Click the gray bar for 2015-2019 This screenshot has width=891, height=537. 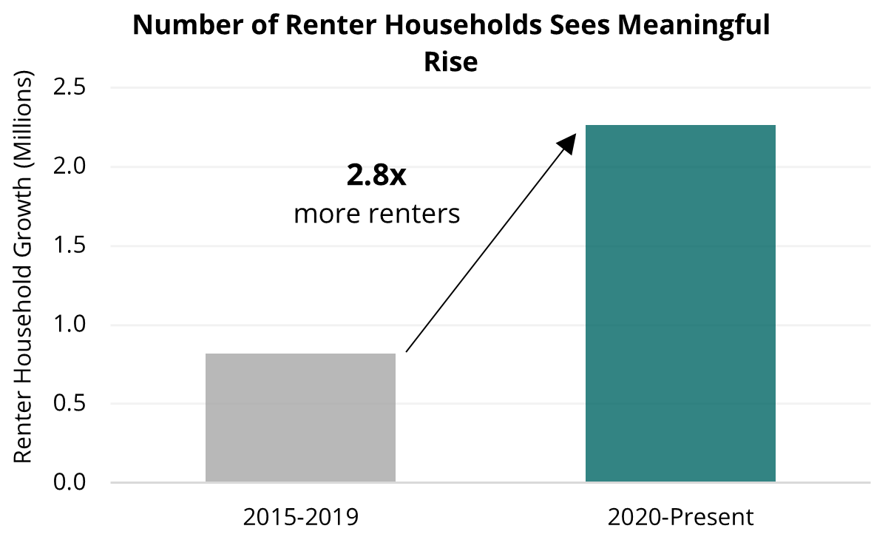[x=300, y=418]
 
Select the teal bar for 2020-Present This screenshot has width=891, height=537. [x=680, y=303]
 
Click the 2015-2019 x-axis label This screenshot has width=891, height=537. [x=300, y=516]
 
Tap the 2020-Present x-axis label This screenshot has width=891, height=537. [x=680, y=516]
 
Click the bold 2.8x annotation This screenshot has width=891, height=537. [x=377, y=176]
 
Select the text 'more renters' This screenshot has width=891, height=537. [x=377, y=215]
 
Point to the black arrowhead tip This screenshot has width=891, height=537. [x=575, y=136]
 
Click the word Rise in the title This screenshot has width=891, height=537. [x=450, y=61]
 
